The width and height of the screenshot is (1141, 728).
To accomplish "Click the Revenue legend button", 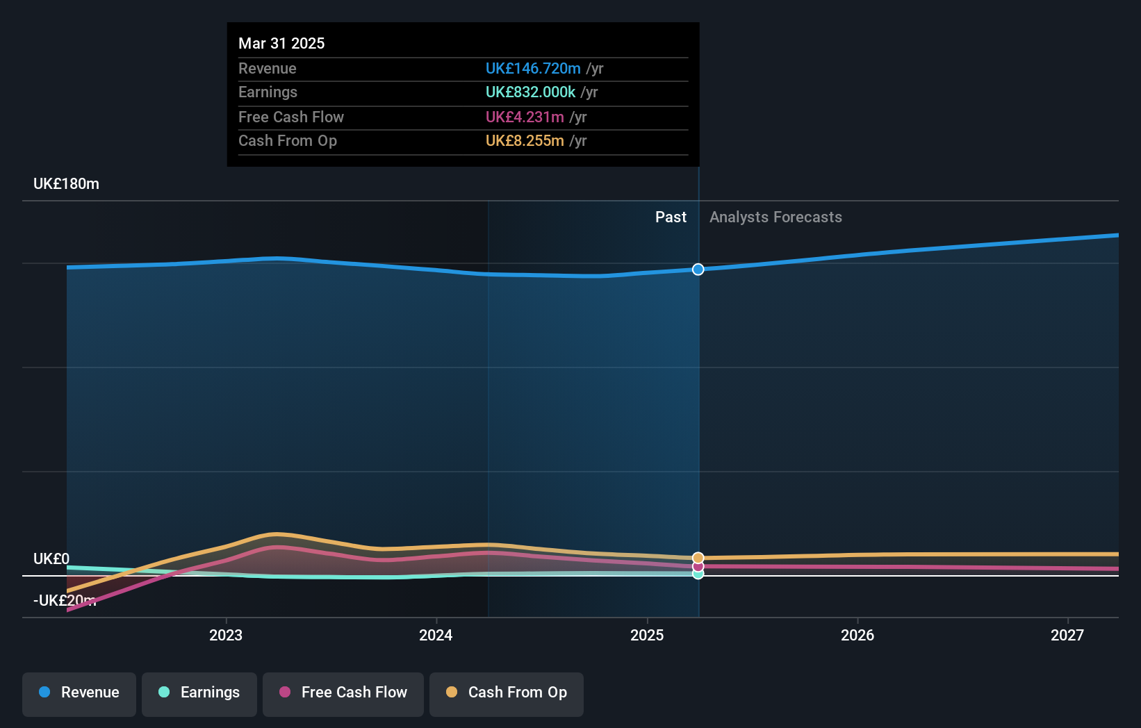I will (x=79, y=693).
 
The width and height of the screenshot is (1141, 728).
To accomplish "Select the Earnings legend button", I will (x=199, y=693).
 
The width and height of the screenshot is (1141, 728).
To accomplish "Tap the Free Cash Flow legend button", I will (x=343, y=693).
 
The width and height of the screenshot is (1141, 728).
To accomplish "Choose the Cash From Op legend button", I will (x=507, y=693).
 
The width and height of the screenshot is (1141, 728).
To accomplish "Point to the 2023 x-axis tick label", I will (x=226, y=635).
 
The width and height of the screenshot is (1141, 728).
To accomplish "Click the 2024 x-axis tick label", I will (x=436, y=635).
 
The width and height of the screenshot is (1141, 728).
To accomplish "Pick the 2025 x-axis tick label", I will (x=647, y=635).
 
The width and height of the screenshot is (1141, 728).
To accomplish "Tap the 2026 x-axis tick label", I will (x=857, y=635).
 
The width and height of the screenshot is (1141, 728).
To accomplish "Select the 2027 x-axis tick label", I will (x=1067, y=635).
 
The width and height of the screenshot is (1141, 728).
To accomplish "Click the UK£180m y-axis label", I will (x=66, y=184).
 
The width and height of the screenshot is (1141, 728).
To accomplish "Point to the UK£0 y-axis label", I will (x=51, y=559).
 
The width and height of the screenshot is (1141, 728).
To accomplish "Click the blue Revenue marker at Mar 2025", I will (x=698, y=270).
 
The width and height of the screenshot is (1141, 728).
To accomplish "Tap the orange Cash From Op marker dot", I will (x=698, y=558).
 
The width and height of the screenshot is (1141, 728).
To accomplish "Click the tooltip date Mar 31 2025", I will (x=281, y=44).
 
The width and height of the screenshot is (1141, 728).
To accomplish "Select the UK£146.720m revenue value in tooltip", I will (x=533, y=69).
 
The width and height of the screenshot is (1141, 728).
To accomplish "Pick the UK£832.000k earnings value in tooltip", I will (x=530, y=92).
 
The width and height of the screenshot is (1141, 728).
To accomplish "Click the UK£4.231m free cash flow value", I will (x=525, y=117).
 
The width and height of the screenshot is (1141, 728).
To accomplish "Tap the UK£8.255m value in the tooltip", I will (x=525, y=141).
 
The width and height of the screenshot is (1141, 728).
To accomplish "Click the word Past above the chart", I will (x=671, y=217).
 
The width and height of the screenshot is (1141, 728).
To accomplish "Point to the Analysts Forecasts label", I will (x=775, y=217).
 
